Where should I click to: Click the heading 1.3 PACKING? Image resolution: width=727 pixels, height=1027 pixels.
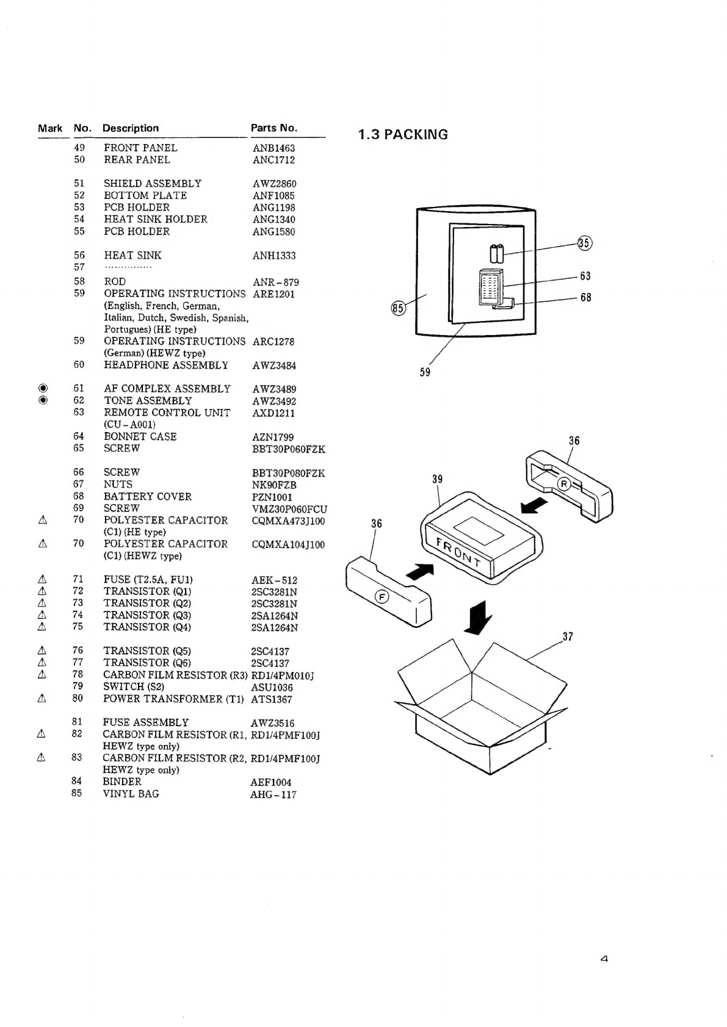click(x=403, y=135)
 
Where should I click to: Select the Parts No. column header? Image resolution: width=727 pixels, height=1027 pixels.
click(x=274, y=128)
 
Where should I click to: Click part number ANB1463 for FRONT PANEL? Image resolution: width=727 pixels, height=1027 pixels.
click(x=274, y=148)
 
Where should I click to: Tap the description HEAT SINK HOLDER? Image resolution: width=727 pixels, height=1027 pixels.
click(x=156, y=219)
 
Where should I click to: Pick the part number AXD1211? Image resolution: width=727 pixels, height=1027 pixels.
click(x=273, y=413)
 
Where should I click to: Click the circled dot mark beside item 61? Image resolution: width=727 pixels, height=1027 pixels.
click(x=43, y=388)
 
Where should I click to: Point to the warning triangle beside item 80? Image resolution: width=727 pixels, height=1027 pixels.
click(x=42, y=698)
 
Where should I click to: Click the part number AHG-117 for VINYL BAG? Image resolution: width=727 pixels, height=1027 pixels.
click(x=273, y=795)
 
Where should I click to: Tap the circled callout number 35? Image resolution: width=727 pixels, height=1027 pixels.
click(x=584, y=243)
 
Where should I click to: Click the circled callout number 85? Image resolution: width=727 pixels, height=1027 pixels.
click(x=398, y=308)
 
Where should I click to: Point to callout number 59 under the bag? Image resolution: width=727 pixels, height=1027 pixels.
click(x=425, y=372)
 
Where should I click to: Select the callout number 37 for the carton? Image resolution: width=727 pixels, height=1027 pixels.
click(x=568, y=636)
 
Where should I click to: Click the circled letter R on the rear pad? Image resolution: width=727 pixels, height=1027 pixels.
click(x=564, y=484)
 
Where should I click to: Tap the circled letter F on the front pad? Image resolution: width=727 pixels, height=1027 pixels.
click(x=382, y=597)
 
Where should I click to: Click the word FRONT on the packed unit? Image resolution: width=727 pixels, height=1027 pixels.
click(x=458, y=552)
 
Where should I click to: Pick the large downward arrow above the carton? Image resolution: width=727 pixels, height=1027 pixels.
click(x=479, y=618)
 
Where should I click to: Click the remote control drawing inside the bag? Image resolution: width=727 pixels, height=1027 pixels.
click(x=491, y=287)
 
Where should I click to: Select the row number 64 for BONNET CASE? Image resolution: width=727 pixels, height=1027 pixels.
click(x=78, y=436)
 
